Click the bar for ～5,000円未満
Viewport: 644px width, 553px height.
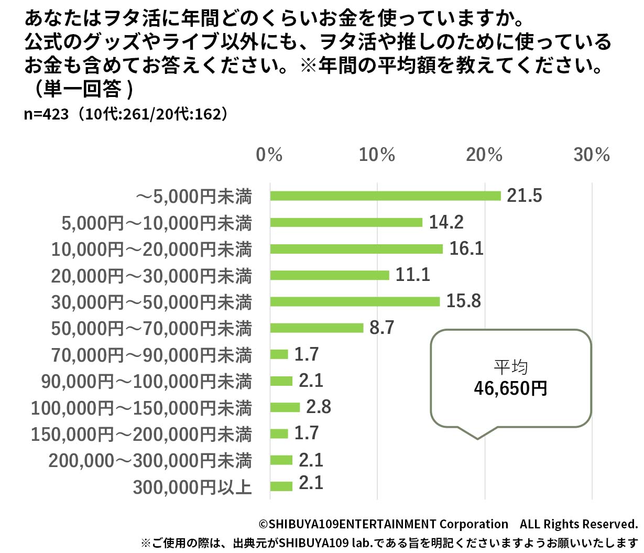[385, 196]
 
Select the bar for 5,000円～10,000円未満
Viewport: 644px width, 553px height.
[346, 222]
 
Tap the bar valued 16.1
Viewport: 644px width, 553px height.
[356, 249]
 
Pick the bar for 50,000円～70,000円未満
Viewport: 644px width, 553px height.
[316, 328]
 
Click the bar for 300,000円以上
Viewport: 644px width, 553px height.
[281, 486]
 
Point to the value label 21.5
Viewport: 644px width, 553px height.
[524, 196]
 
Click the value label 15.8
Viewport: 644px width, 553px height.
[463, 301]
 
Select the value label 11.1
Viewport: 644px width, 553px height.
[412, 275]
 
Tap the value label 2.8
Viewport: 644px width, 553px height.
[319, 407]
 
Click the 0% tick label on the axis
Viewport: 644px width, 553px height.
[269, 155]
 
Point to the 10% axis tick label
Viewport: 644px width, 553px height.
[377, 155]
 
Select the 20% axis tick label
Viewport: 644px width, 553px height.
[484, 155]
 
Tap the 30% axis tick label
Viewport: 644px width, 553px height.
[592, 155]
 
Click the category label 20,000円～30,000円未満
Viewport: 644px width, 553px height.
[151, 276]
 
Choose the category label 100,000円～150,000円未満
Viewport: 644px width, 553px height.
[141, 408]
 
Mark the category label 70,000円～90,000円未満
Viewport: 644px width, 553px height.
[151, 355]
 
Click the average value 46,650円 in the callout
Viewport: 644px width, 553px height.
[510, 388]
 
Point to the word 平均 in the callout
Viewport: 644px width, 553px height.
[510, 367]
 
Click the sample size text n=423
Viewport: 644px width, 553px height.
[46, 114]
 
